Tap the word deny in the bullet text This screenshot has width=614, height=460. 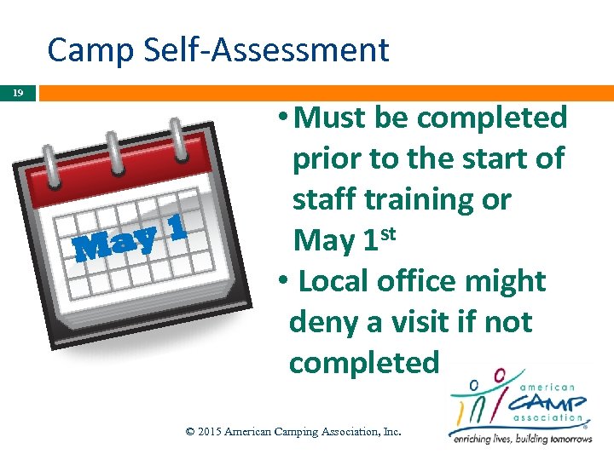(x=325, y=322)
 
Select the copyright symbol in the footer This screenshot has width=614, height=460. (x=190, y=432)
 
